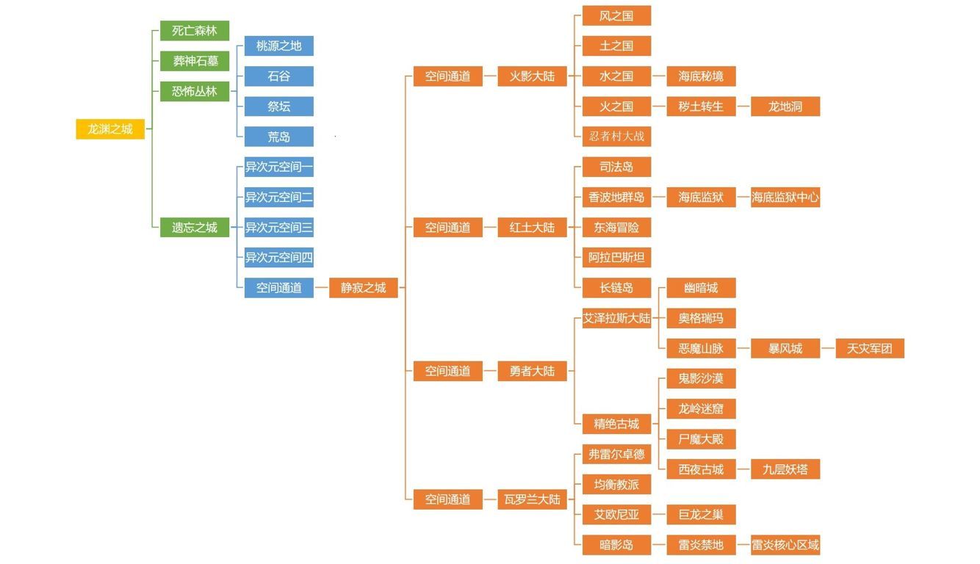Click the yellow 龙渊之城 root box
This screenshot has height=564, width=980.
110,129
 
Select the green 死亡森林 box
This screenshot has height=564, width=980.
195,31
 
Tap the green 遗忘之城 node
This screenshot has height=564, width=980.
195,228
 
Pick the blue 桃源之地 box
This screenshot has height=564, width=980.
278,46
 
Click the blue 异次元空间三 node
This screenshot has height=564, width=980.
278,228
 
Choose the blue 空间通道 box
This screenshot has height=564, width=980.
278,288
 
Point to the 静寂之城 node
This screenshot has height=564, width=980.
364,288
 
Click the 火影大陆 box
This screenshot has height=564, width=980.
532,76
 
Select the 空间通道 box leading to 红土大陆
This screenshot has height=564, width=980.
448,228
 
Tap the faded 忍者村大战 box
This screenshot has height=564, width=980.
616,137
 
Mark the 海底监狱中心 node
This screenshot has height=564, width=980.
785,198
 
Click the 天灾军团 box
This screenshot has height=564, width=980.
870,348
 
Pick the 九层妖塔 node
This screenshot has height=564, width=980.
785,469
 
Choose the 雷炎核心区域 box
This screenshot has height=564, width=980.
785,545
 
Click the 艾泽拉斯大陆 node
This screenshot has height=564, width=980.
616,318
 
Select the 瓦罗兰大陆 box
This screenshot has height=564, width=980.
532,499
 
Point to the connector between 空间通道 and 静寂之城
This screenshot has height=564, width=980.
321,288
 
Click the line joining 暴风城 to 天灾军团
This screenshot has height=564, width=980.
828,348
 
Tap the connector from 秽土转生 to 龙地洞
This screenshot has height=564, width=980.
743,106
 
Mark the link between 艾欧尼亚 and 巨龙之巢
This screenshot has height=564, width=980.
659,515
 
